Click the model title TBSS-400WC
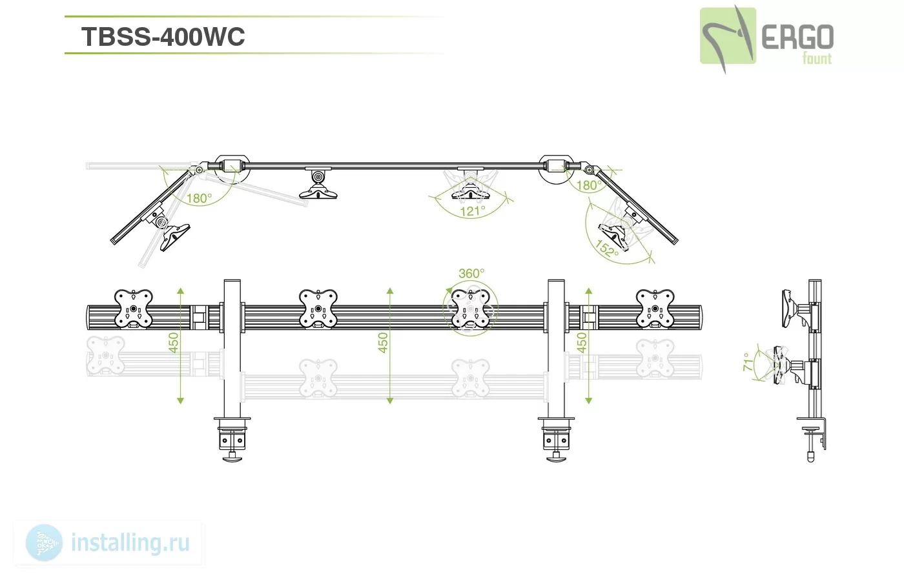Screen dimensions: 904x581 [x=163, y=37]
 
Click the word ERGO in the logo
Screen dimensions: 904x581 [x=797, y=37]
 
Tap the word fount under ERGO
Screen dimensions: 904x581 [x=817, y=59]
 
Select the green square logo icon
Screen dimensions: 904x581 [x=728, y=36]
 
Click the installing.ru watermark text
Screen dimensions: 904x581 [x=130, y=543]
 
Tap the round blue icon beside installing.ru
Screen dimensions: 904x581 [x=44, y=543]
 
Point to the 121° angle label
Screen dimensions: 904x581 [x=473, y=210]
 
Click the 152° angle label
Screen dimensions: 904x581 [x=606, y=249]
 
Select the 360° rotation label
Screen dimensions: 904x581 [x=471, y=273]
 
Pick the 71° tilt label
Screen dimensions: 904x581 [x=748, y=362]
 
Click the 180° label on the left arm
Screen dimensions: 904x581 [x=199, y=198]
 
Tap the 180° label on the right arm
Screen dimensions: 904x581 [x=589, y=185]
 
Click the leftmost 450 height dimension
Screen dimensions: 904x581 [x=173, y=343]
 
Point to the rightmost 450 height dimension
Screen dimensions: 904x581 [x=582, y=343]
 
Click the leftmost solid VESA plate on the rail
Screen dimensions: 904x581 [x=134, y=309]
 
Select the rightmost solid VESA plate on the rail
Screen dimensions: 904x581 [x=655, y=309]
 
